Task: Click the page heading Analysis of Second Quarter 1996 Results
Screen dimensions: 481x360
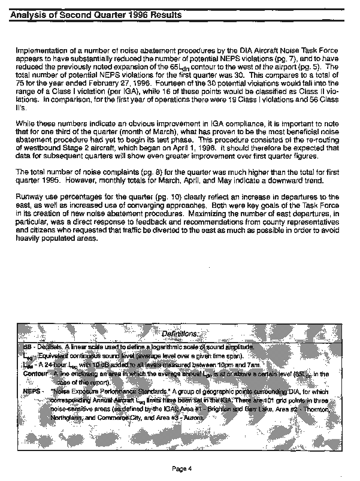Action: tap(96, 13)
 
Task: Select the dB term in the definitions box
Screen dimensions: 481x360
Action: tap(27, 347)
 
